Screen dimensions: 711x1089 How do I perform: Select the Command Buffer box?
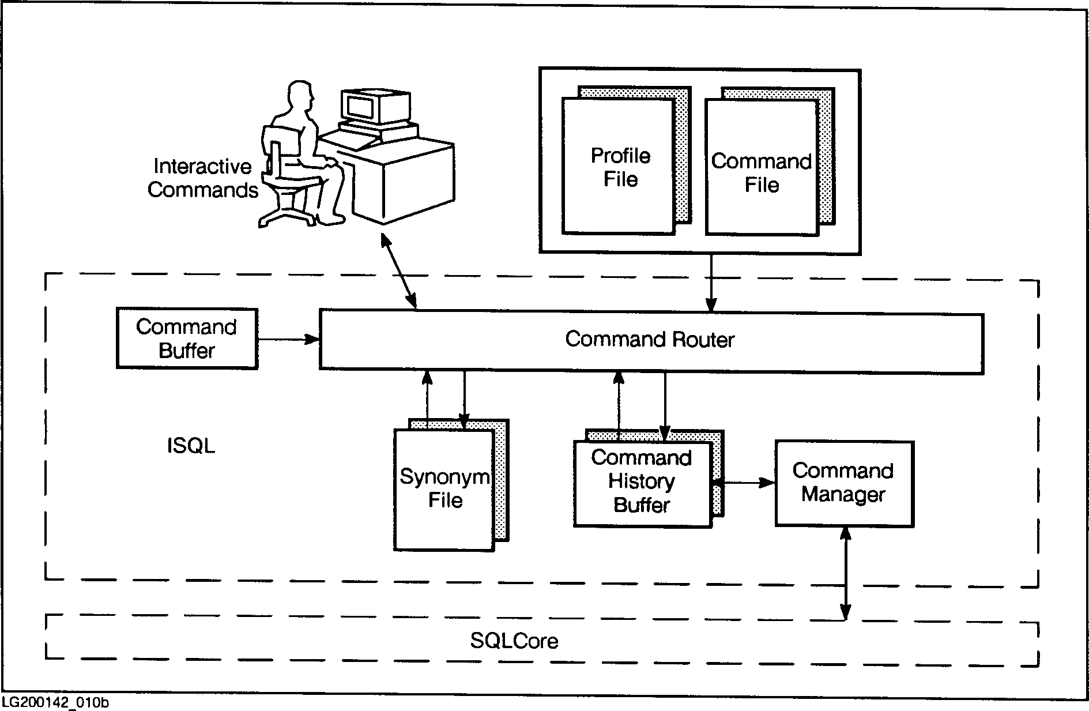point(187,338)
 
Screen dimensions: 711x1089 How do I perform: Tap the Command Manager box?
point(843,483)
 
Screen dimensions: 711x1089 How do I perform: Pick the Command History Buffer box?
point(642,483)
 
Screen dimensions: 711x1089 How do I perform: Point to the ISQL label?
point(191,446)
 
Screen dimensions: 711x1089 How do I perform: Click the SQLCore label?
point(514,641)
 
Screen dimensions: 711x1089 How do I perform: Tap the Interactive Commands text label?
point(202,178)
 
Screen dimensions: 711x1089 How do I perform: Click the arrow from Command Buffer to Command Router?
point(288,339)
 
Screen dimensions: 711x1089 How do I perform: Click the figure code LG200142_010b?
point(55,703)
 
